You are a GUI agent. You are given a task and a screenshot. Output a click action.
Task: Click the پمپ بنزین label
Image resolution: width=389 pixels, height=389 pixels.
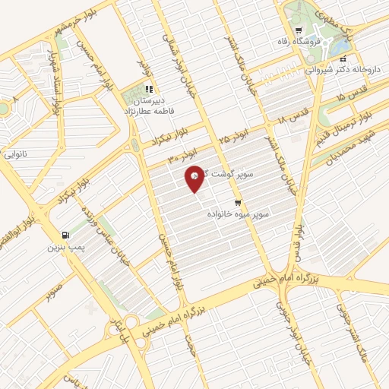[x=65, y=247]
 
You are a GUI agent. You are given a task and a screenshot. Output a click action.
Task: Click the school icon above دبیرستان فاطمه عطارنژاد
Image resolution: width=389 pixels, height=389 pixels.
[x=149, y=88]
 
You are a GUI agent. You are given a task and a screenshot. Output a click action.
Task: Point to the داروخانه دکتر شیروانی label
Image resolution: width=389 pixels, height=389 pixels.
[x=341, y=68]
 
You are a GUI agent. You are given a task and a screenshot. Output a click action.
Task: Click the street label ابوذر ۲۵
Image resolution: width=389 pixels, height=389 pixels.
[x=232, y=138]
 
